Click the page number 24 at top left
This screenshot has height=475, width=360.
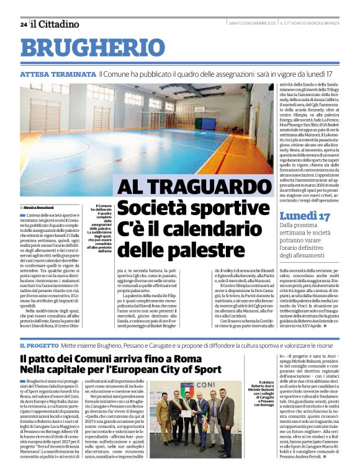(23, 25)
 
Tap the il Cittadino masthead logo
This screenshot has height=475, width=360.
(56, 24)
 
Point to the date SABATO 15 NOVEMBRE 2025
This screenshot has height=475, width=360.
(251, 24)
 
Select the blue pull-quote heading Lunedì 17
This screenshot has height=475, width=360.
(305, 216)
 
